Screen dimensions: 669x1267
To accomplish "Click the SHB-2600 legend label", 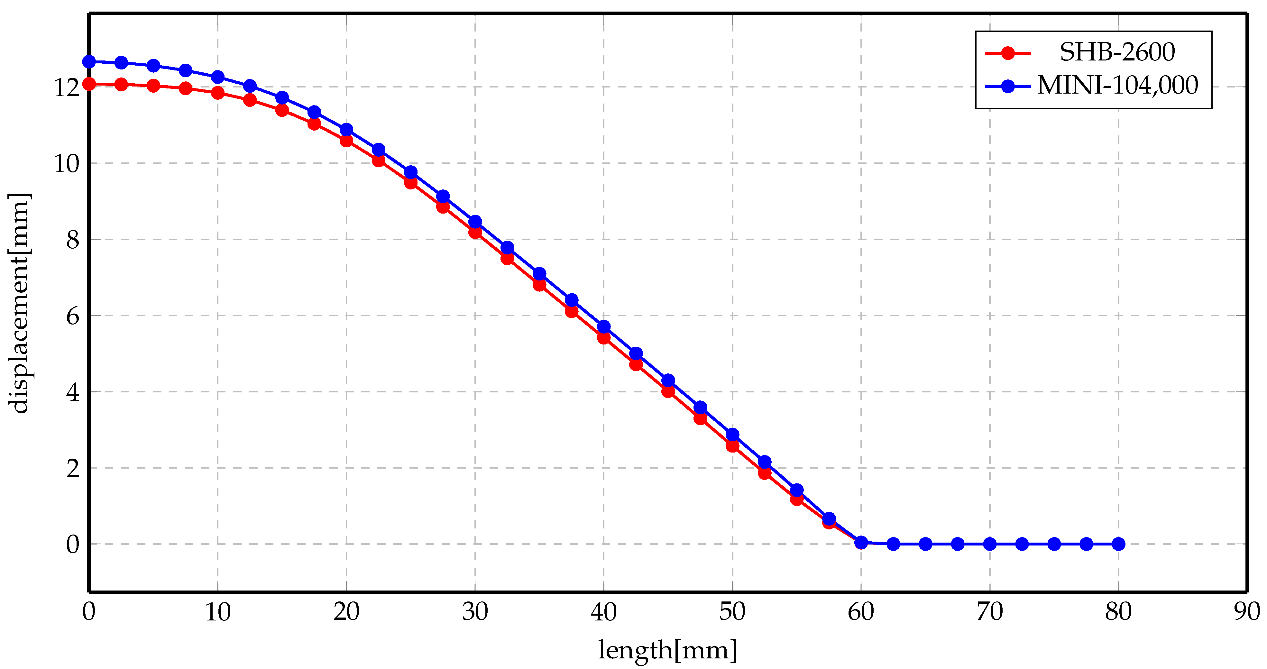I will [x=1117, y=52].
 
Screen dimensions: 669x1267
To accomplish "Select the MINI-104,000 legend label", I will [x=1117, y=86].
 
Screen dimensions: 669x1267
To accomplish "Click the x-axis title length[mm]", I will [x=667, y=650].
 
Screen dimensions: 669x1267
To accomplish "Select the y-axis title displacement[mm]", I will [x=20, y=303].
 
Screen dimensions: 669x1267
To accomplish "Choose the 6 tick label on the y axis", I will [x=72, y=316].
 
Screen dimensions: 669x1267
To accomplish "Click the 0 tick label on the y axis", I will [x=72, y=545].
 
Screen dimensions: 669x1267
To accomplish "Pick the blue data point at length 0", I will [x=89, y=61].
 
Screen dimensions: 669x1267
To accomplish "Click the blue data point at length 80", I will [x=1118, y=544].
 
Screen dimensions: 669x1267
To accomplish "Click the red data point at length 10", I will [x=218, y=93].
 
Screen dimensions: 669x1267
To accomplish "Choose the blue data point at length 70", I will [x=990, y=544].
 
